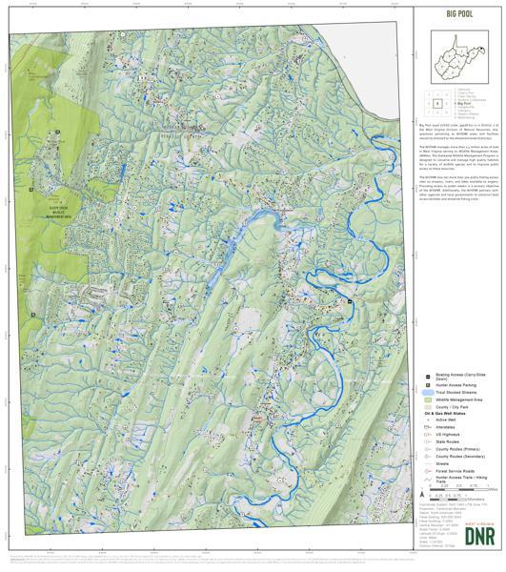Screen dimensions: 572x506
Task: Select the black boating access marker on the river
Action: click(350, 301)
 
